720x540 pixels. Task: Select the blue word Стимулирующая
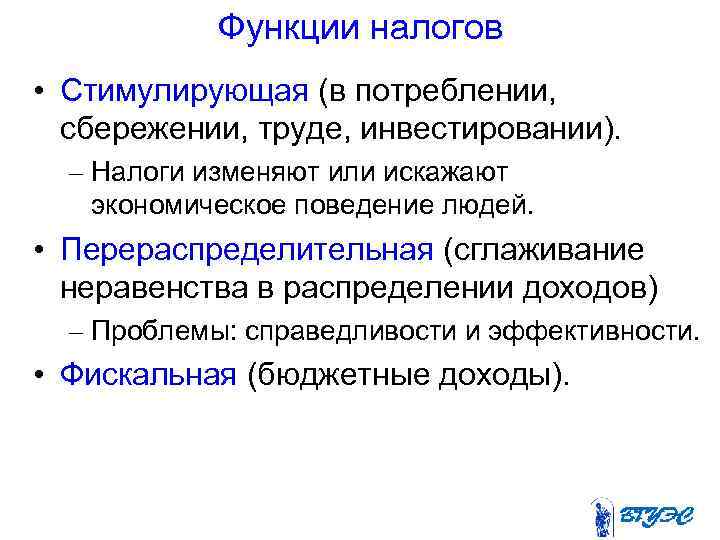(x=183, y=92)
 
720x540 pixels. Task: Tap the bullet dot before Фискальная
(x=37, y=374)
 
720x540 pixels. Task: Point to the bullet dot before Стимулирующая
(x=37, y=93)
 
